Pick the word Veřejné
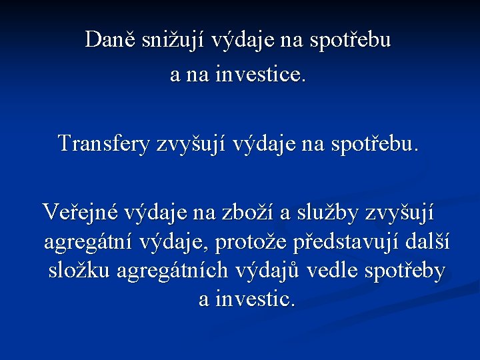pos(71,213)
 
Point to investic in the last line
pos(253,300)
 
